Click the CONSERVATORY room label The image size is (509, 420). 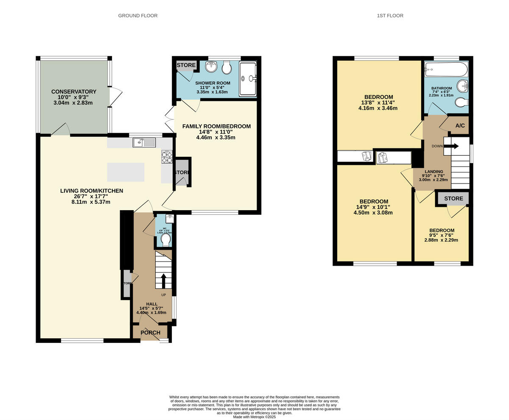(74, 92)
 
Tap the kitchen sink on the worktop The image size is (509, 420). (139, 143)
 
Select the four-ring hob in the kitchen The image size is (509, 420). (167, 157)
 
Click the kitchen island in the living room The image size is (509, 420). (126, 172)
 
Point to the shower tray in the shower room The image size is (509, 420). (248, 79)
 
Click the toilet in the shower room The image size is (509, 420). (227, 67)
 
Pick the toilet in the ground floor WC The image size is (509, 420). (165, 240)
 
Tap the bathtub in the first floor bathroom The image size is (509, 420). (446, 68)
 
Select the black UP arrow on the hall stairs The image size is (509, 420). (164, 281)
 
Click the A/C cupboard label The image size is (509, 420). (460, 126)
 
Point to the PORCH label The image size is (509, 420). (150, 333)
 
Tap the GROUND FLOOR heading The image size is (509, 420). (138, 16)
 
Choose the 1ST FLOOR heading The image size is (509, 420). (390, 16)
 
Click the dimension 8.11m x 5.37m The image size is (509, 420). (91, 202)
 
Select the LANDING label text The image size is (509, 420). (433, 172)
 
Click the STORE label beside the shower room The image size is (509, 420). (186, 65)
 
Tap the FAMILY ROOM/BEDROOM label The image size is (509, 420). (216, 126)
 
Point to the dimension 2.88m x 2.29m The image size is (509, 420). (441, 240)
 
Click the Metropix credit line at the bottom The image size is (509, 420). (255, 417)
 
